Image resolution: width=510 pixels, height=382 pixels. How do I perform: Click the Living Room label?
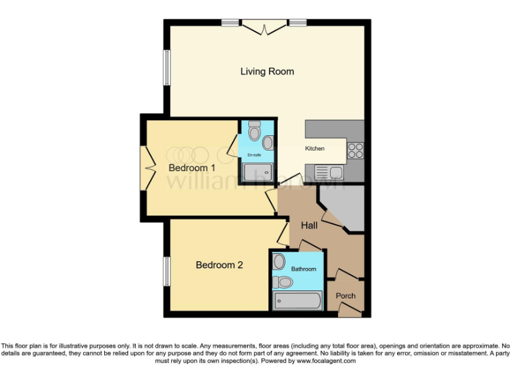click(x=267, y=72)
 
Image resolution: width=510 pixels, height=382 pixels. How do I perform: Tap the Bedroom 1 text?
click(x=192, y=168)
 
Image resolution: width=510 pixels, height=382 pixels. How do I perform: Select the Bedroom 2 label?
click(x=219, y=265)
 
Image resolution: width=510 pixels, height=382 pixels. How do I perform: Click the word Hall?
click(x=309, y=225)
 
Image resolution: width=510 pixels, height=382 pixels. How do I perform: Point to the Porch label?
click(x=345, y=296)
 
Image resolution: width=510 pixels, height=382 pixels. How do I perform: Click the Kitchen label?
click(x=315, y=149)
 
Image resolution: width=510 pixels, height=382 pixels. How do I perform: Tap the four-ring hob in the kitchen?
click(x=355, y=150)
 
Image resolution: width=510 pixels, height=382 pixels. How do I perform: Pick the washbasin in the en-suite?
click(x=267, y=142)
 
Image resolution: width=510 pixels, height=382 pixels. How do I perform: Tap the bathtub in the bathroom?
click(x=298, y=302)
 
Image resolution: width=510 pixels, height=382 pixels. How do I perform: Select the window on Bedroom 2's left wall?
click(x=166, y=271)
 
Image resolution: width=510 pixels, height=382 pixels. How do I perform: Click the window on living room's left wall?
click(x=166, y=67)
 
